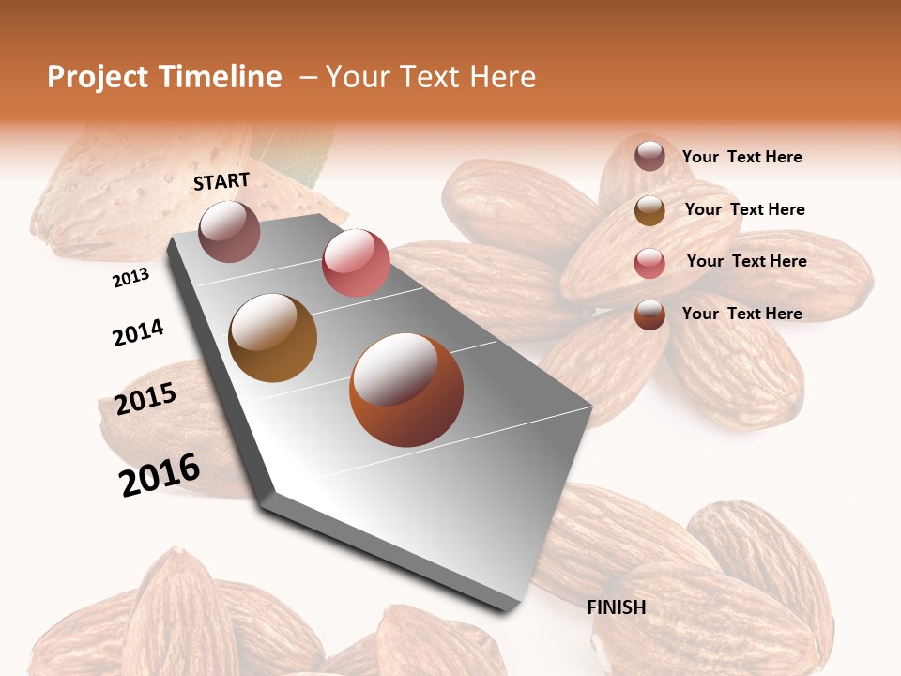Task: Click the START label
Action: click(x=221, y=181)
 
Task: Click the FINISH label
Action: click(x=617, y=607)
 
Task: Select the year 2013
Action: click(x=130, y=278)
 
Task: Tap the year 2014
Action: click(x=138, y=332)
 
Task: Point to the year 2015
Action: click(x=145, y=398)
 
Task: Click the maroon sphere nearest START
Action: click(x=229, y=231)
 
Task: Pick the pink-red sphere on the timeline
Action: click(x=356, y=263)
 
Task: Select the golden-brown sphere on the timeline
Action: click(x=273, y=338)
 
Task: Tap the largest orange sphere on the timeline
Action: click(x=406, y=390)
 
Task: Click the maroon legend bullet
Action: click(x=649, y=157)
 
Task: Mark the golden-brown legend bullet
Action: click(x=649, y=210)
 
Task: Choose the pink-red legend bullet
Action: click(x=649, y=263)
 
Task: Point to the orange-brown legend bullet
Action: click(x=649, y=315)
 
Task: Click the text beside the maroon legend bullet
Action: click(x=741, y=158)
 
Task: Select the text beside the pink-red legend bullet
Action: click(x=746, y=261)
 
